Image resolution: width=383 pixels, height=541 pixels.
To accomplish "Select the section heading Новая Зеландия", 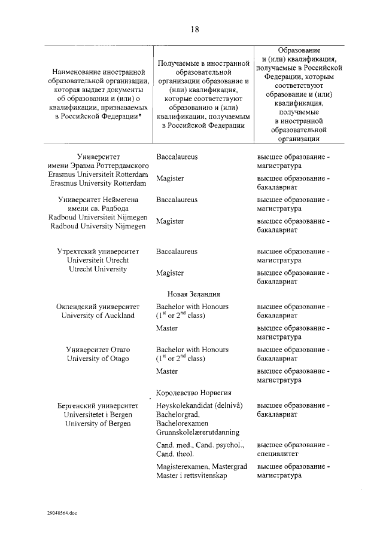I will pyautogui.click(x=194, y=294).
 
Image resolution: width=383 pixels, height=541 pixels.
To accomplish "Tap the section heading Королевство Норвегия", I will pyautogui.click(x=194, y=393).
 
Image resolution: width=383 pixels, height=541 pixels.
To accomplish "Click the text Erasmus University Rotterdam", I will pyautogui.click(x=98, y=182).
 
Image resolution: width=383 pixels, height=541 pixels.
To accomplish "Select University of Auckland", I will pyautogui.click(x=98, y=316).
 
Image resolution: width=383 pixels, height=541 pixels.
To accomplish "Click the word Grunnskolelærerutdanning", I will pyautogui.click(x=197, y=432).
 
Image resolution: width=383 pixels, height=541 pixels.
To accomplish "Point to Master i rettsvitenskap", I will pyautogui.click(x=193, y=476).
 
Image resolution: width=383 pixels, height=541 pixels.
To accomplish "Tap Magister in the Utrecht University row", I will pyautogui.click(x=170, y=273).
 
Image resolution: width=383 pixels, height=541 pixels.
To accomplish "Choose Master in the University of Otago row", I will pyautogui.click(x=167, y=371).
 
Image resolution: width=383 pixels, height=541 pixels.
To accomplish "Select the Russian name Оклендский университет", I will pyautogui.click(x=98, y=307).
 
